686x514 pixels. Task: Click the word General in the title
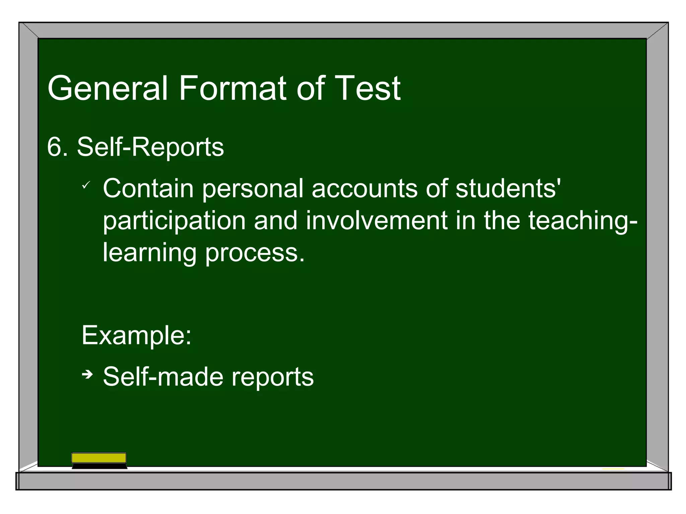point(107,88)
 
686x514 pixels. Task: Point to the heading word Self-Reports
point(150,147)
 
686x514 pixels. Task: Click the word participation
point(174,221)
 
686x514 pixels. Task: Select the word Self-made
point(163,377)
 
